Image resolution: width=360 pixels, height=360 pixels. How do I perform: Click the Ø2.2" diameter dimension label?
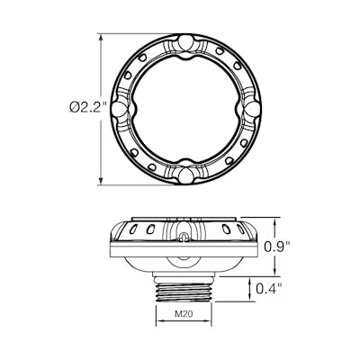[88, 107]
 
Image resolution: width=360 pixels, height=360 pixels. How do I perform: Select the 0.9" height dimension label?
[277, 246]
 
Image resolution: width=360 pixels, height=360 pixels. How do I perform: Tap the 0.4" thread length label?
[269, 289]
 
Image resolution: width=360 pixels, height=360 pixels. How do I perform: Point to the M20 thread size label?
[184, 314]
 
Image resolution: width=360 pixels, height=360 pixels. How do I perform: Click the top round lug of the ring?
[185, 43]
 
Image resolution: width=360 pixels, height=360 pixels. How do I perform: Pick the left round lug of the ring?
[119, 108]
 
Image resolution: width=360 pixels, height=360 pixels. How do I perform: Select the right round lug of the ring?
[252, 109]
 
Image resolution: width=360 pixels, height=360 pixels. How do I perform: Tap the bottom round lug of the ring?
[185, 175]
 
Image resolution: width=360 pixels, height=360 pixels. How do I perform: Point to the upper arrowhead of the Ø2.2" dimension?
[101, 38]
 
